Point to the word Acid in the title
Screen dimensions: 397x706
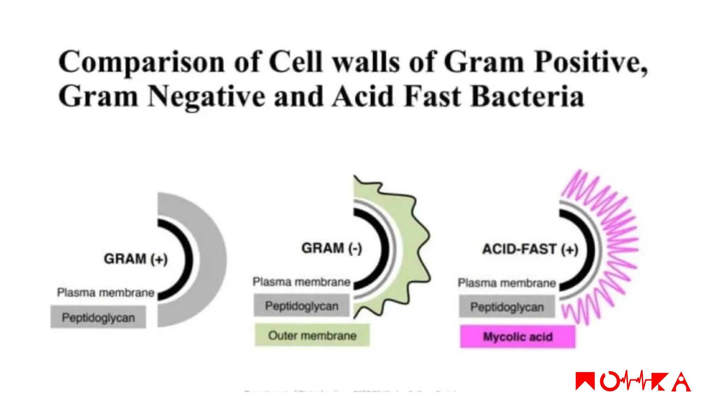tap(363, 96)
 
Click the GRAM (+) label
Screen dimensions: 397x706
tap(136, 259)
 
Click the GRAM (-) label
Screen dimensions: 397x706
tap(332, 248)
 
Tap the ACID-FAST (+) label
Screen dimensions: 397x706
tap(530, 249)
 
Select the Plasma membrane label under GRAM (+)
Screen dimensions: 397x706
tap(105, 293)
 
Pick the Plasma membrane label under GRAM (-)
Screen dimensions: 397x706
tap(301, 282)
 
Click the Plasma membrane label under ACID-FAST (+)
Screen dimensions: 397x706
tap(507, 283)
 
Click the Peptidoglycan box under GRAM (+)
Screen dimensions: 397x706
tap(98, 317)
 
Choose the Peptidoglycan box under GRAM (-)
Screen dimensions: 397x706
tap(302, 306)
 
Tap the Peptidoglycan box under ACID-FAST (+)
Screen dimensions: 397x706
tap(507, 307)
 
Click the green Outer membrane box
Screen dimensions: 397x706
tap(312, 335)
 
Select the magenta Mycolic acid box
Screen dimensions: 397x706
tap(518, 337)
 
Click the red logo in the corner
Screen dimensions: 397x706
tap(633, 381)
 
